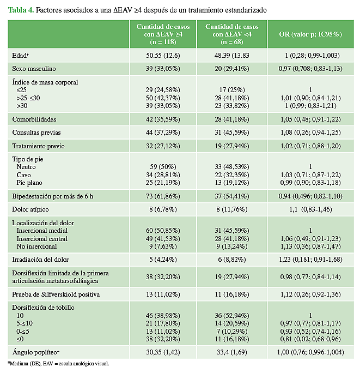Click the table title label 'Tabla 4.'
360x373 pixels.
coord(21,10)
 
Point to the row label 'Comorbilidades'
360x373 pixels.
coord(34,119)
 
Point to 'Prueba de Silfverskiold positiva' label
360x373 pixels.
coord(56,294)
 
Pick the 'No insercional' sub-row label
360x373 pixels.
coord(35,245)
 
